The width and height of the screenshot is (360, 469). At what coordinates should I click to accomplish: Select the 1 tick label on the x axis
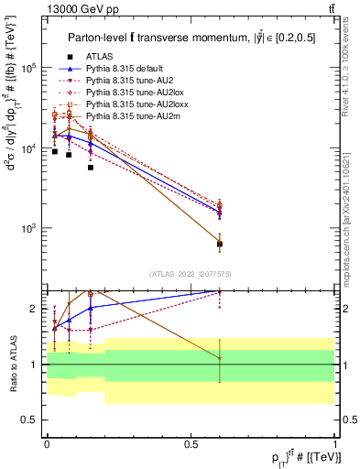[x=335, y=443]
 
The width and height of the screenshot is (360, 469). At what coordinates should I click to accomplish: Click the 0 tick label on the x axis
[x=46, y=443]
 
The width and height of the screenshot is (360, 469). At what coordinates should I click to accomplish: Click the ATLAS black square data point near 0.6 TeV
[x=220, y=244]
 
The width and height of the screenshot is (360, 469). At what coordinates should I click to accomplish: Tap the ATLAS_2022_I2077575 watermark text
[x=190, y=273]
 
